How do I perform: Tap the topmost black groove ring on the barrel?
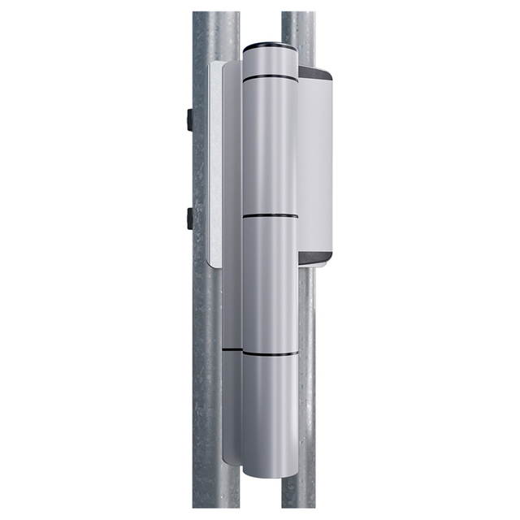270,78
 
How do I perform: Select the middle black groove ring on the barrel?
270,216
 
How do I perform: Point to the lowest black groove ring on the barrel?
270,355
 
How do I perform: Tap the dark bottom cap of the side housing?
315,259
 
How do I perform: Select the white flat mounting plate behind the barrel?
216,162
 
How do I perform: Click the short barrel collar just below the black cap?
270,62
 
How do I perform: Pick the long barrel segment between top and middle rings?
270,146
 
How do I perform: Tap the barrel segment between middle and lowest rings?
270,284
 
